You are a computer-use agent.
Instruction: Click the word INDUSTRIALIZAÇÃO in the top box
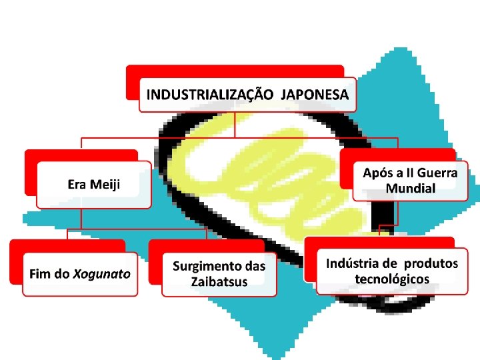point(209,95)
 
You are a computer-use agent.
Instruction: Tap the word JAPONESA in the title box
point(315,95)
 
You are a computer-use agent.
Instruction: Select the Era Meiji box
point(94,184)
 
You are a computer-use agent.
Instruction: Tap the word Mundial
point(411,188)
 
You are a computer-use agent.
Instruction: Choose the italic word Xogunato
point(101,273)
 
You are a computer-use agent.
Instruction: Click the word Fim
point(39,273)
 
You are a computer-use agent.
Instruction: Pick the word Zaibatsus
point(219,281)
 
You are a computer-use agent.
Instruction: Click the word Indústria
point(352,263)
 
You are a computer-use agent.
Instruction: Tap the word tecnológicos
point(392,279)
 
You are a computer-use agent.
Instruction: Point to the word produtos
point(431,263)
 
